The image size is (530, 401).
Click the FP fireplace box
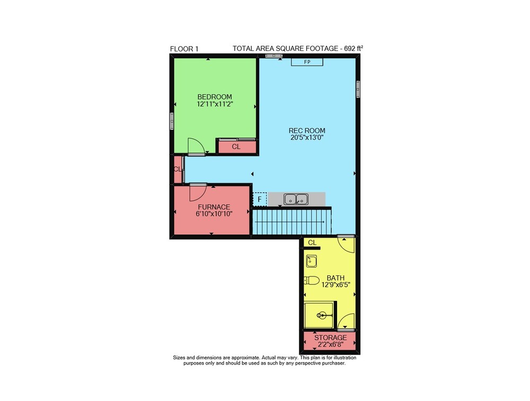[307, 62]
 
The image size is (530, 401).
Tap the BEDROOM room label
[215, 97]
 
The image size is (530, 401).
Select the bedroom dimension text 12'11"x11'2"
[215, 104]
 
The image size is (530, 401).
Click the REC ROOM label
[307, 130]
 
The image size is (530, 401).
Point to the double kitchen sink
[296, 199]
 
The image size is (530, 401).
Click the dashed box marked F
[260, 199]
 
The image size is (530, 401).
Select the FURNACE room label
[214, 207]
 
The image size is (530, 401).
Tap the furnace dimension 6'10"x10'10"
[214, 214]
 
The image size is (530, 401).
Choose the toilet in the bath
[312, 281]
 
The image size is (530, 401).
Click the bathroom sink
[311, 261]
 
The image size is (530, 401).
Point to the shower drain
[322, 316]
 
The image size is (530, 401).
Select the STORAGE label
[331, 338]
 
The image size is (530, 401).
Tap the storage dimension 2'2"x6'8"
[331, 345]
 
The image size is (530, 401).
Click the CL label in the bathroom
[312, 242]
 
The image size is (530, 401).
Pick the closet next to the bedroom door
[236, 146]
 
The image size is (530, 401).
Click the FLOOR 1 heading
[184, 49]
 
